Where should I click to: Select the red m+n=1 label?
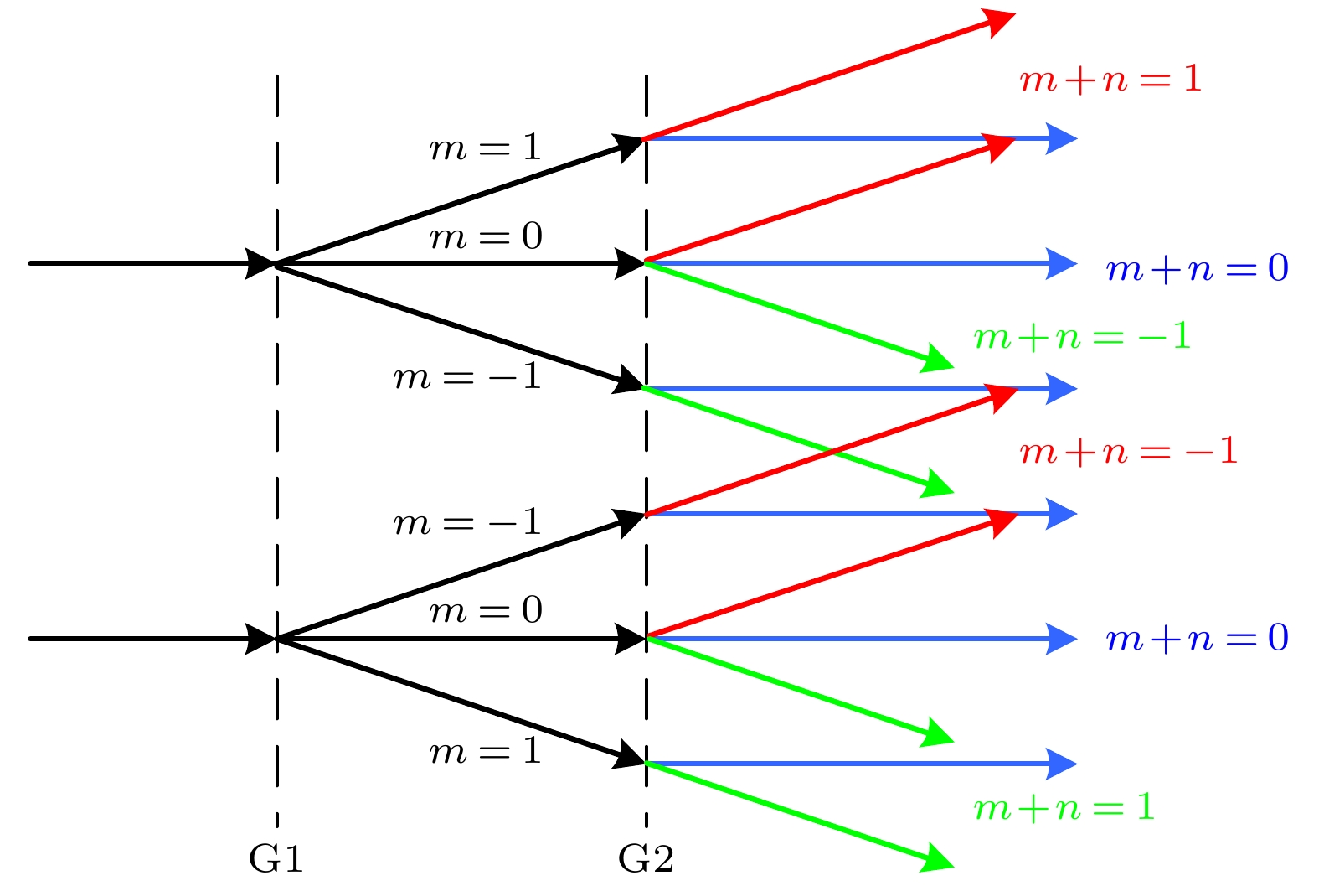(1110, 80)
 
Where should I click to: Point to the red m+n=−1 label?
(1128, 452)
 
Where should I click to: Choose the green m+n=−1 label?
(1081, 337)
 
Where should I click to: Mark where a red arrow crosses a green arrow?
(832, 451)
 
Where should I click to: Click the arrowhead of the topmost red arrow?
(1000, 20)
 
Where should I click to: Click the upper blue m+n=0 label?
(1197, 269)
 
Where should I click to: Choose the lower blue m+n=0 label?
(1197, 639)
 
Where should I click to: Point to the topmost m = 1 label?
(486, 148)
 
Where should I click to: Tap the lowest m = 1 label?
(486, 751)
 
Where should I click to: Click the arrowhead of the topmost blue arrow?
(1062, 138)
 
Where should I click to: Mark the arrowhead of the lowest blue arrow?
(1062, 764)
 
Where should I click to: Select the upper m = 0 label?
(486, 237)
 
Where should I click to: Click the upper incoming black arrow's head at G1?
(261, 263)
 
